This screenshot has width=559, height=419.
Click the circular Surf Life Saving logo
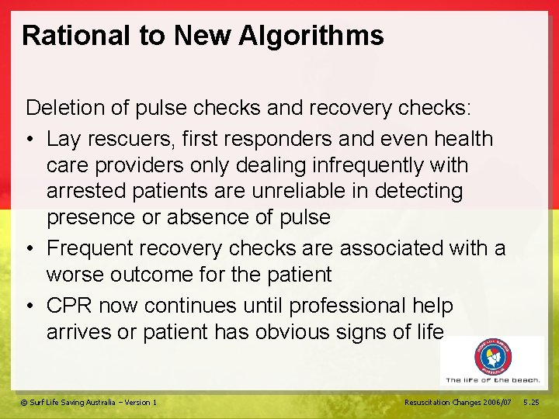coord(494,357)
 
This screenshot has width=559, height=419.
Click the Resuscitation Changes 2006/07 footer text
coord(457,402)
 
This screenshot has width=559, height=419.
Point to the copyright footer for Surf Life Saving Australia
coord(89,402)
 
